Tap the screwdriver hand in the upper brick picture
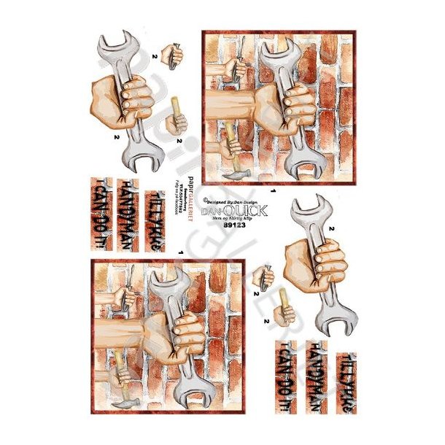point(234,69)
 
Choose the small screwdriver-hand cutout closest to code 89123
point(263,278)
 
